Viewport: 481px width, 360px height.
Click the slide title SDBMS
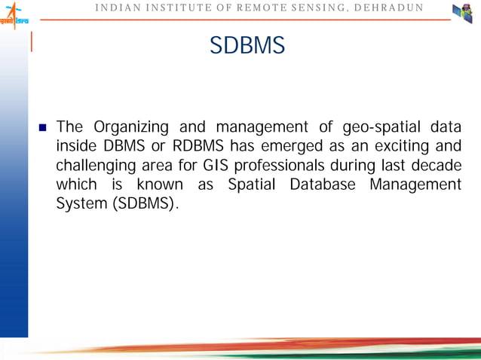click(247, 47)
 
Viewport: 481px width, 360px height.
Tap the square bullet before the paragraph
click(43, 126)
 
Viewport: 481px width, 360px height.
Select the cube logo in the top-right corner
click(461, 13)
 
